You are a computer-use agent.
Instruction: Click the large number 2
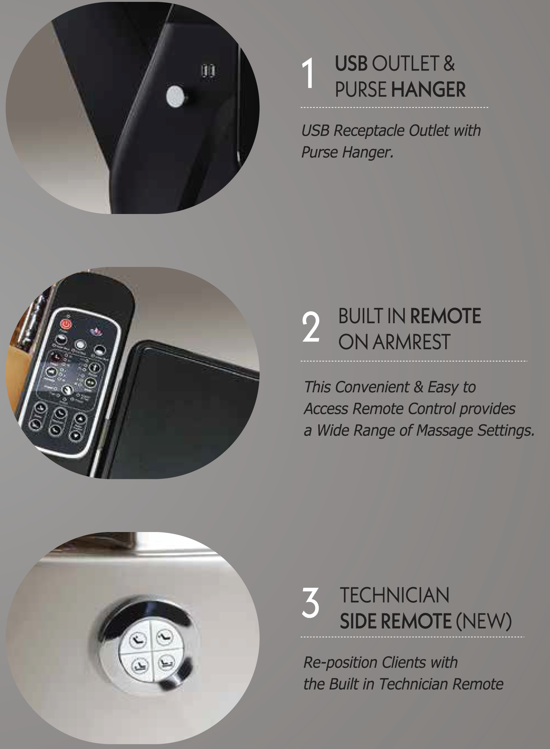coord(311,327)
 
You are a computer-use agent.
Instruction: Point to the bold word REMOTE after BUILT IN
coord(445,316)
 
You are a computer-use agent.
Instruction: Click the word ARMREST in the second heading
coord(411,342)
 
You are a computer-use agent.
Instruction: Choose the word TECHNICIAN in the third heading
coord(394,595)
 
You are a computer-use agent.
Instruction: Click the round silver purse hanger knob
coord(175,96)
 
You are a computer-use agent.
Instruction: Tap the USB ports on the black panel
coord(208,70)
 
